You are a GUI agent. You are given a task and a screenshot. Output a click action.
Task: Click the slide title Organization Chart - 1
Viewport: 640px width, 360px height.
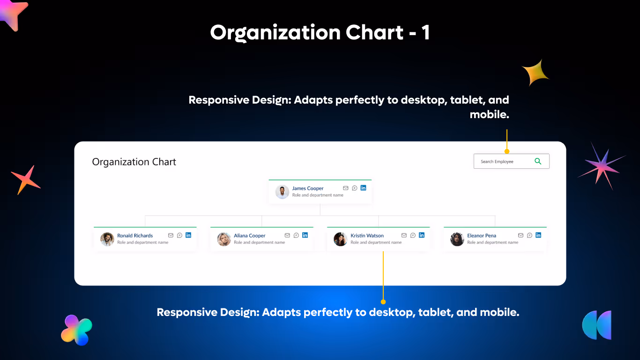(x=320, y=33)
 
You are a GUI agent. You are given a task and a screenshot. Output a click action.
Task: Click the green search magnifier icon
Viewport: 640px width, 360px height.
(x=538, y=161)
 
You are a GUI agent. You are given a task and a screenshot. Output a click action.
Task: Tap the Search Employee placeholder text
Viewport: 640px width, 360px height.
(x=497, y=162)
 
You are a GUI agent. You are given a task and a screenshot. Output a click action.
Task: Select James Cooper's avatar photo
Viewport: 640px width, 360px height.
(x=282, y=192)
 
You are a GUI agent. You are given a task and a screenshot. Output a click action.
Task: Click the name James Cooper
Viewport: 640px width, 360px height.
(x=308, y=188)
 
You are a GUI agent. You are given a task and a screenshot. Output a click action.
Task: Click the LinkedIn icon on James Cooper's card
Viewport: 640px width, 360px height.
(x=363, y=188)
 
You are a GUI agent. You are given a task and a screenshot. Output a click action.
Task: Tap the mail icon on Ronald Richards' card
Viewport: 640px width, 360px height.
(x=171, y=235)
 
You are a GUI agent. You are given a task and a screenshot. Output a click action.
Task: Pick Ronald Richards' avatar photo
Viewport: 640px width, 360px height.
(x=107, y=239)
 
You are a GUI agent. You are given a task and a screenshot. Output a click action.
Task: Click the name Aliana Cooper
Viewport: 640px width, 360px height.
(x=250, y=236)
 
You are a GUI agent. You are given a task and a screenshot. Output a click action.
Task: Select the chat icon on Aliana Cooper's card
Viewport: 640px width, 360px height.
(x=296, y=235)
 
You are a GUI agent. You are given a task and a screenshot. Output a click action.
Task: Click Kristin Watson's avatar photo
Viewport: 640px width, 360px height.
(x=340, y=239)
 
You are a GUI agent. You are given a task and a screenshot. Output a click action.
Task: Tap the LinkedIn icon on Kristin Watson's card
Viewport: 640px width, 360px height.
(x=422, y=235)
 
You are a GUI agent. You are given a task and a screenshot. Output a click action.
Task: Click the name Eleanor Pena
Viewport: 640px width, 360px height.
(x=482, y=236)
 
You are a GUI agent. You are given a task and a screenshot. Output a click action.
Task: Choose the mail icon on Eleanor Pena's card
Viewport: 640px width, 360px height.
(x=521, y=235)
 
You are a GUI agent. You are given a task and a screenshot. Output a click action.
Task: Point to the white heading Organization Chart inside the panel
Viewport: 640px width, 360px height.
(x=134, y=162)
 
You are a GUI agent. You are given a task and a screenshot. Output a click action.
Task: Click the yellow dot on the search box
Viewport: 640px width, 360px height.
(x=506, y=151)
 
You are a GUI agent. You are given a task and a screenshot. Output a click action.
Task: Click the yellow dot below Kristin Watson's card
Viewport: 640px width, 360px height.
(x=383, y=301)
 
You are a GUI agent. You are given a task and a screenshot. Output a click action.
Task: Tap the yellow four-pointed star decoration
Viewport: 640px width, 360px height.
(x=536, y=73)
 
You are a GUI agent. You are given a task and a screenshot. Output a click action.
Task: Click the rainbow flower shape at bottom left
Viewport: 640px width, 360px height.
(x=76, y=330)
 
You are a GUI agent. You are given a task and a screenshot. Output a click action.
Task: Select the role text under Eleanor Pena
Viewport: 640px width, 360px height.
(x=492, y=243)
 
